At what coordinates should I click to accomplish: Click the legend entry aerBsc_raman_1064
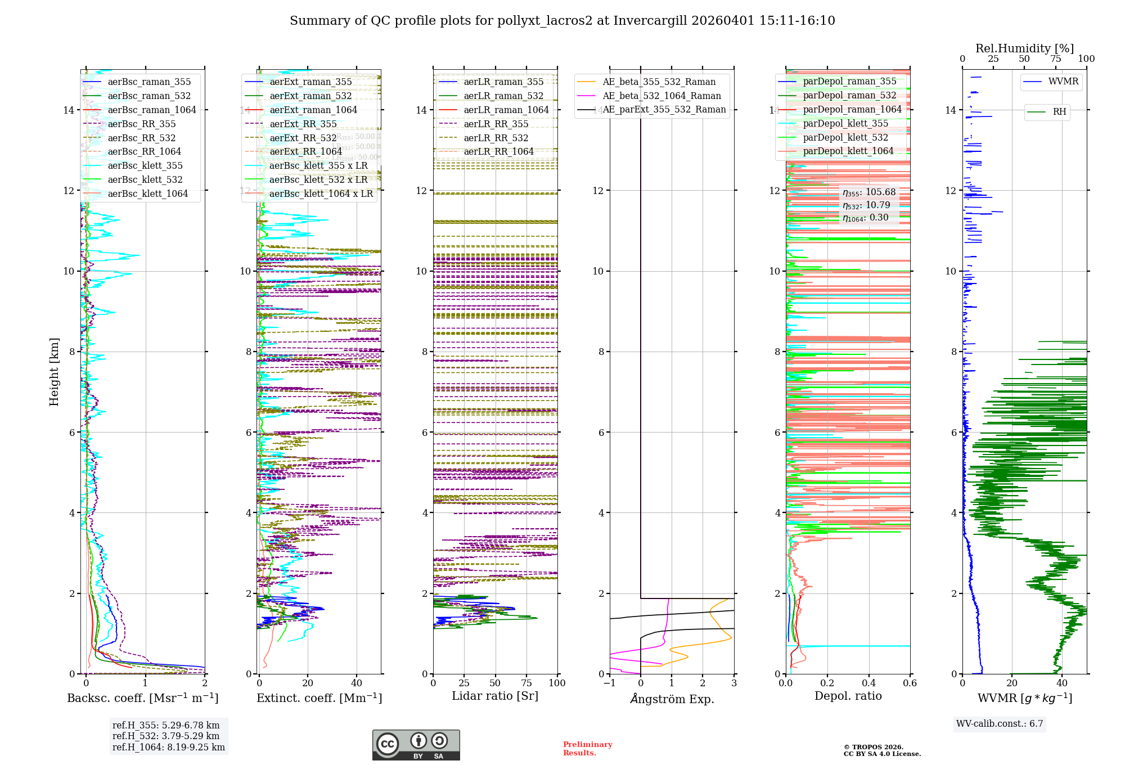click(x=152, y=110)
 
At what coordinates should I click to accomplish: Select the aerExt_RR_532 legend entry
click(x=303, y=138)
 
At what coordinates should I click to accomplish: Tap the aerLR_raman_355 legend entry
click(x=503, y=82)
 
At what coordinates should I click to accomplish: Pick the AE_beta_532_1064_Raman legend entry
click(x=661, y=96)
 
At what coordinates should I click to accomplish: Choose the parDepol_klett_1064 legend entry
click(x=848, y=151)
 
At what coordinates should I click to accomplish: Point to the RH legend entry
click(x=1059, y=112)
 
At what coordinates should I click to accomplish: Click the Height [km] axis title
click(x=54, y=372)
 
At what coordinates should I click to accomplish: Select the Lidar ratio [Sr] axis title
click(x=495, y=696)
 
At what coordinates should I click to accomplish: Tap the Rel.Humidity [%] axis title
click(x=1024, y=48)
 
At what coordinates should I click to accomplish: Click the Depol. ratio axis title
click(x=848, y=696)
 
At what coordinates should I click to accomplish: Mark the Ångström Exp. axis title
click(x=672, y=699)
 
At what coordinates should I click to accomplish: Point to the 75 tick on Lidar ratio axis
click(x=526, y=683)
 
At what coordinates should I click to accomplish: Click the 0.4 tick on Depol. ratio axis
click(x=868, y=683)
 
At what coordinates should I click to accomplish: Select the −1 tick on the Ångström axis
click(x=609, y=683)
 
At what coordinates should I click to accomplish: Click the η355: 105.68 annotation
click(x=869, y=192)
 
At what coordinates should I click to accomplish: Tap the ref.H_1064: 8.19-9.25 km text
click(x=169, y=748)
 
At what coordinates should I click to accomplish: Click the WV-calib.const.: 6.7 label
click(x=1000, y=724)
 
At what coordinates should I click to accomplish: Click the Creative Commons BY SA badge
click(x=416, y=745)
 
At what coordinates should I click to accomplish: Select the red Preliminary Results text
click(x=587, y=749)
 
